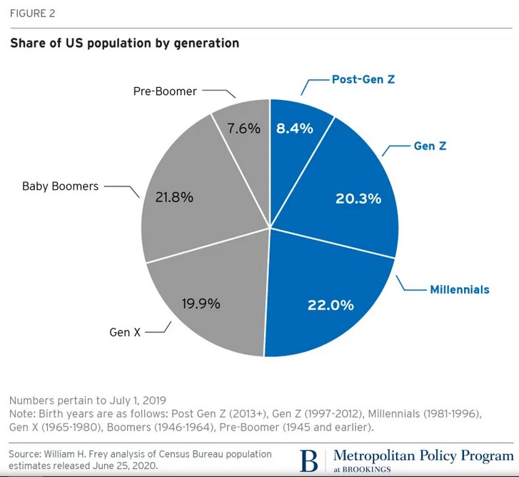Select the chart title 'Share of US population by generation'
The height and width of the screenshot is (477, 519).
coord(124,44)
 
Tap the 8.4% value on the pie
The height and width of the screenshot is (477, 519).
coord(295,129)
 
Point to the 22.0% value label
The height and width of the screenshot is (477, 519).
coord(331,305)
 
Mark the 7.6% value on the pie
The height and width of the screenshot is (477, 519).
coord(242,129)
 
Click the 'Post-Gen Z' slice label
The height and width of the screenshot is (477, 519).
coord(363,79)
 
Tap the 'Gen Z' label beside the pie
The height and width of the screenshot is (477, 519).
coord(430,146)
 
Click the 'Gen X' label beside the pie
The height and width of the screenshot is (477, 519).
coord(125,332)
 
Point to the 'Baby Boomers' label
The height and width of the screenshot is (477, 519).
coord(60,186)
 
